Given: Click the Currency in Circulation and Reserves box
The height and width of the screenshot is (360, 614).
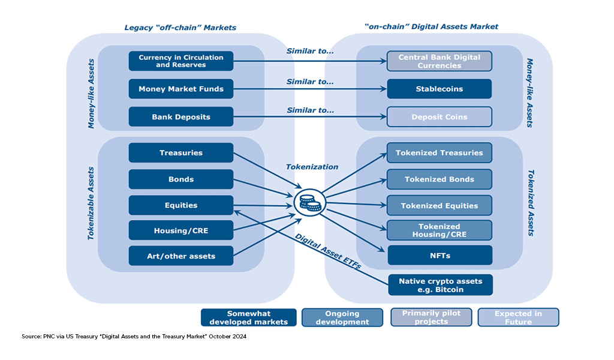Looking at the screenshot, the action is pyautogui.click(x=181, y=61).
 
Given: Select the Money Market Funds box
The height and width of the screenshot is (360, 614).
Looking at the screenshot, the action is pyautogui.click(x=181, y=89).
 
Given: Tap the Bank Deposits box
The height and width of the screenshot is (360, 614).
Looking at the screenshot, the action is pyautogui.click(x=181, y=117).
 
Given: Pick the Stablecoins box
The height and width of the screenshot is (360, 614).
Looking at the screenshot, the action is pyautogui.click(x=440, y=89).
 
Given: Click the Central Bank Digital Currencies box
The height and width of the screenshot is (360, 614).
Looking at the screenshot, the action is pyautogui.click(x=440, y=61).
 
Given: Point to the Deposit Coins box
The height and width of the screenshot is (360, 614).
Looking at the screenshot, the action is pyautogui.click(x=440, y=117).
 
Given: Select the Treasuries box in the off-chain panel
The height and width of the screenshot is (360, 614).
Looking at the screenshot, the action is pyautogui.click(x=181, y=153).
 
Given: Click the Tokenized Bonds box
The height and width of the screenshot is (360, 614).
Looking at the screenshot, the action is pyautogui.click(x=440, y=179).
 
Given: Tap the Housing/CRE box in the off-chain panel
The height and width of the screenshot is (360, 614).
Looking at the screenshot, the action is pyautogui.click(x=181, y=230).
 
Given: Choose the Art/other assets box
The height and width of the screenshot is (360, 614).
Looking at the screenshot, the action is pyautogui.click(x=181, y=256).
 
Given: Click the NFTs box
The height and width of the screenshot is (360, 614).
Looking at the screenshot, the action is pyautogui.click(x=440, y=256).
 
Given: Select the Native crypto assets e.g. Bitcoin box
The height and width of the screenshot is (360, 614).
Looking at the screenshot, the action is pyautogui.click(x=441, y=285).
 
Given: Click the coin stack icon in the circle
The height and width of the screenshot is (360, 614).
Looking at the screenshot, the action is pyautogui.click(x=310, y=203).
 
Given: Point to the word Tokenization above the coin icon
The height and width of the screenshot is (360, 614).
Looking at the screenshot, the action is pyautogui.click(x=312, y=167).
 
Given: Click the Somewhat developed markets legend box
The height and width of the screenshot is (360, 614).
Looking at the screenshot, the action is pyautogui.click(x=249, y=317).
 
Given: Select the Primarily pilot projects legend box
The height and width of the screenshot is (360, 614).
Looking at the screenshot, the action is pyautogui.click(x=431, y=317).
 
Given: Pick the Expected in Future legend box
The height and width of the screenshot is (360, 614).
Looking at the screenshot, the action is pyautogui.click(x=519, y=317).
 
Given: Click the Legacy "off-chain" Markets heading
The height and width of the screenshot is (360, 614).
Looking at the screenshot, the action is pyautogui.click(x=180, y=28).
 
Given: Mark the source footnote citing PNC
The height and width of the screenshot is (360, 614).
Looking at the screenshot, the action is pyautogui.click(x=134, y=337).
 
